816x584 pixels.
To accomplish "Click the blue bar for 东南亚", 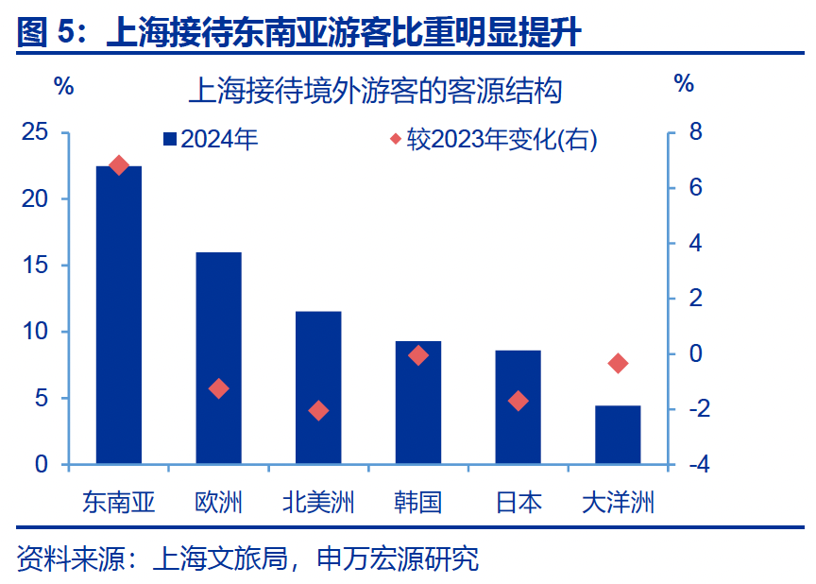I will click(x=119, y=317).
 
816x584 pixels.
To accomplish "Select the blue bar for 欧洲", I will click(x=218, y=359).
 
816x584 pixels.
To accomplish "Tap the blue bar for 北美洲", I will click(x=318, y=388).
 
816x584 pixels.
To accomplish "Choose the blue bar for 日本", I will click(x=518, y=407).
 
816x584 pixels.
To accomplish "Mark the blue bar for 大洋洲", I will click(x=618, y=435).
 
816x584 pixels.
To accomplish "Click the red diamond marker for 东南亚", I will click(x=119, y=165).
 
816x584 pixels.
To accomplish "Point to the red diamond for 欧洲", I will click(x=219, y=388).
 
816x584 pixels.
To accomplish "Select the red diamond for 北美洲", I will click(x=318, y=410).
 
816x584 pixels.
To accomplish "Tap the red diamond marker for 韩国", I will click(x=418, y=355).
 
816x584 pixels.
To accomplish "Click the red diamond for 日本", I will click(x=518, y=401).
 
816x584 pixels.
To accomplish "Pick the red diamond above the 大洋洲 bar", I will click(x=619, y=364).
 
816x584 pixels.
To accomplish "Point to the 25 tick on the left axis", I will click(x=35, y=132).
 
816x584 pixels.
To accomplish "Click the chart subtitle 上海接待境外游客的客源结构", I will click(x=375, y=92).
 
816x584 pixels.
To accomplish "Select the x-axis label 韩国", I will click(x=417, y=502).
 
